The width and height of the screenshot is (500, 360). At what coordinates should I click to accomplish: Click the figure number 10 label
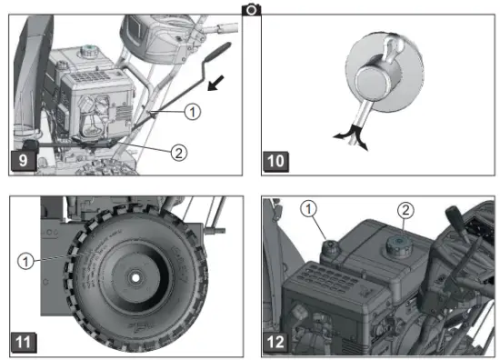(x=275, y=164)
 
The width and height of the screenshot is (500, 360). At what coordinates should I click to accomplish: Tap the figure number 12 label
(x=275, y=343)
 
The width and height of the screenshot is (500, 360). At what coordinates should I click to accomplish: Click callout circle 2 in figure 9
(x=179, y=153)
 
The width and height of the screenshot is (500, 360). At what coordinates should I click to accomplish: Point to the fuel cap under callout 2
(x=398, y=243)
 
